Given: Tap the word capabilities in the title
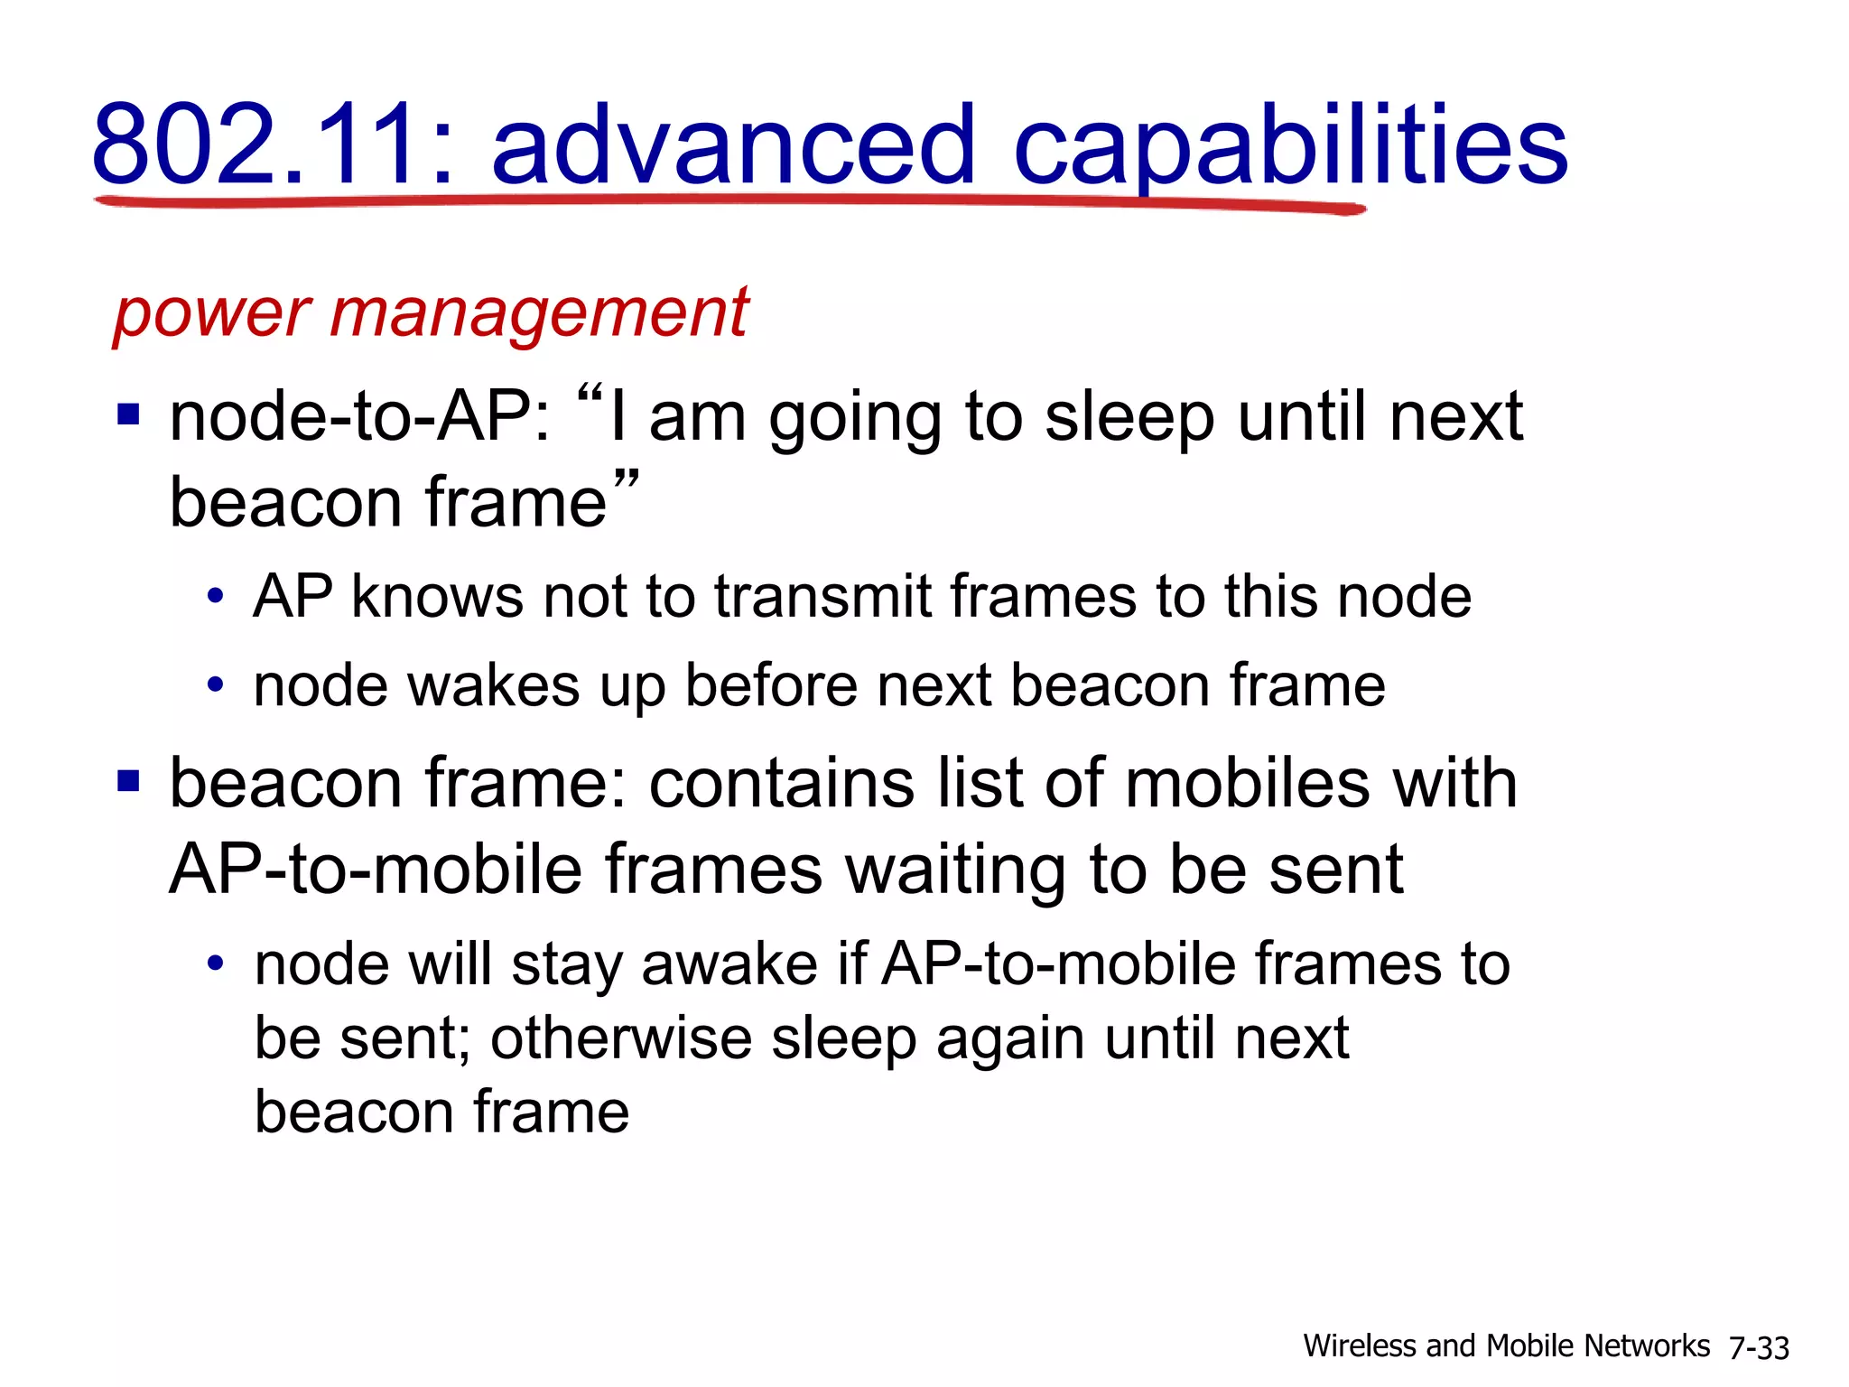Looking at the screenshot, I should (1291, 144).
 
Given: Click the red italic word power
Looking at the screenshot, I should (213, 313).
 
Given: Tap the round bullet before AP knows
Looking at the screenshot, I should (215, 597).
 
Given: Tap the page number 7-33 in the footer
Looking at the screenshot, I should (1759, 1347).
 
